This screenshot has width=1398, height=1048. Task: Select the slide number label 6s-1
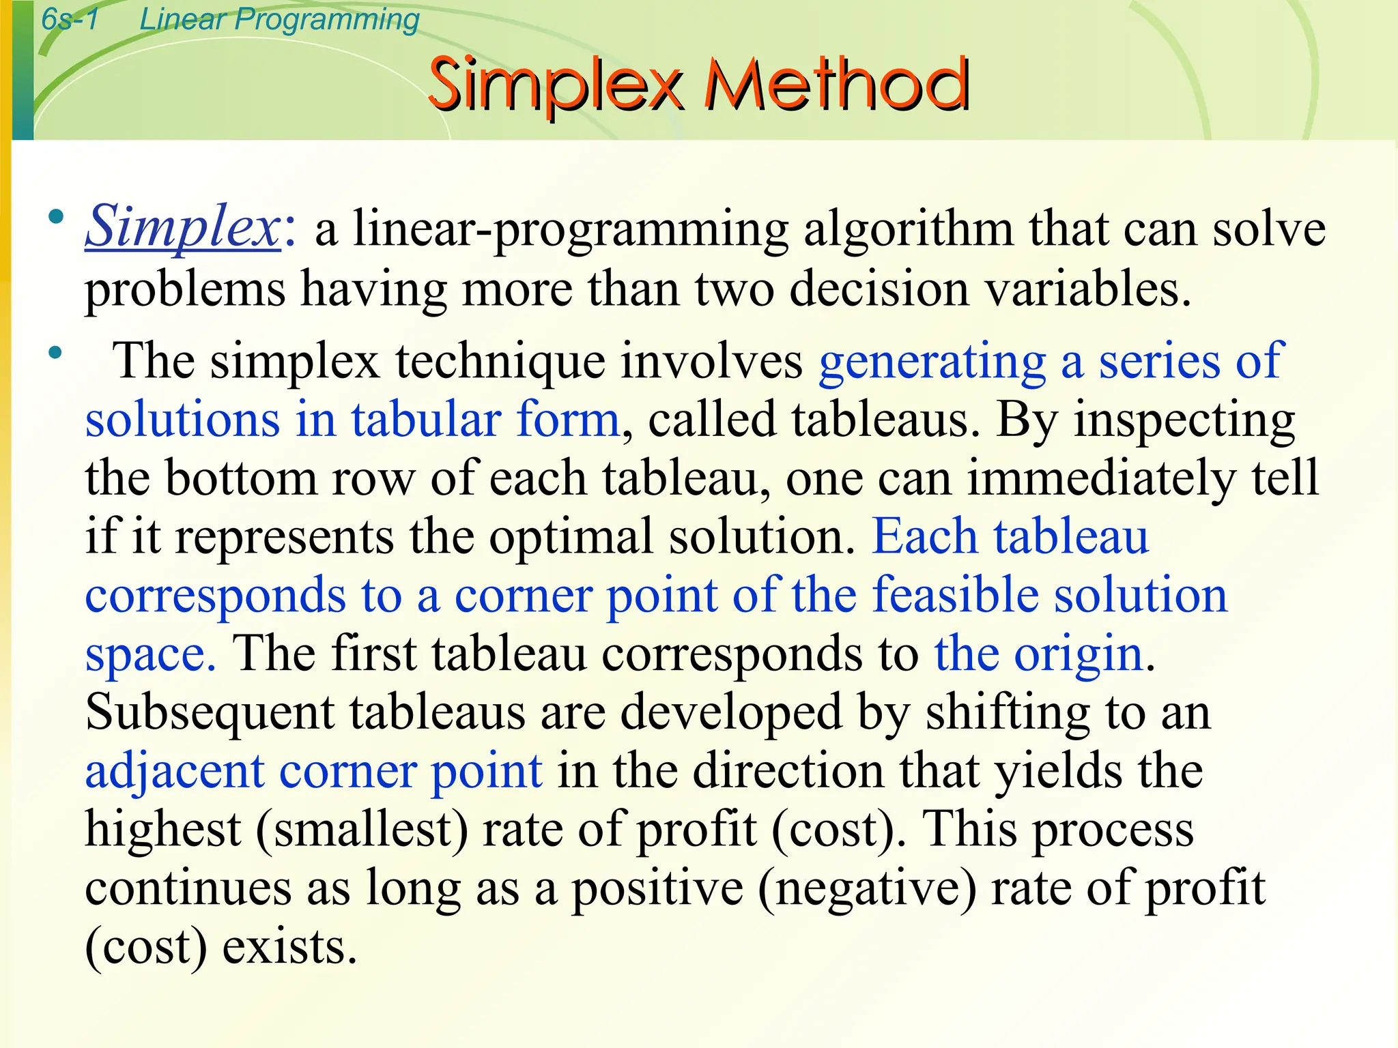point(70,19)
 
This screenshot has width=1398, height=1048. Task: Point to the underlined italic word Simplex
point(182,227)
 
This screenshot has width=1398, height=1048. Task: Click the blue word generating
point(932,362)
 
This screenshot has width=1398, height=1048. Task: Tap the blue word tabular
point(426,419)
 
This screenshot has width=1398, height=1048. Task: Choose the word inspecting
point(1184,420)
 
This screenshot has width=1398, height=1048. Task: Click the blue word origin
point(1078,654)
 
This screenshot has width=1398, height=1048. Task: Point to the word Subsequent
point(210,712)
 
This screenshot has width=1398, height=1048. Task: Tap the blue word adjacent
point(175,772)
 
